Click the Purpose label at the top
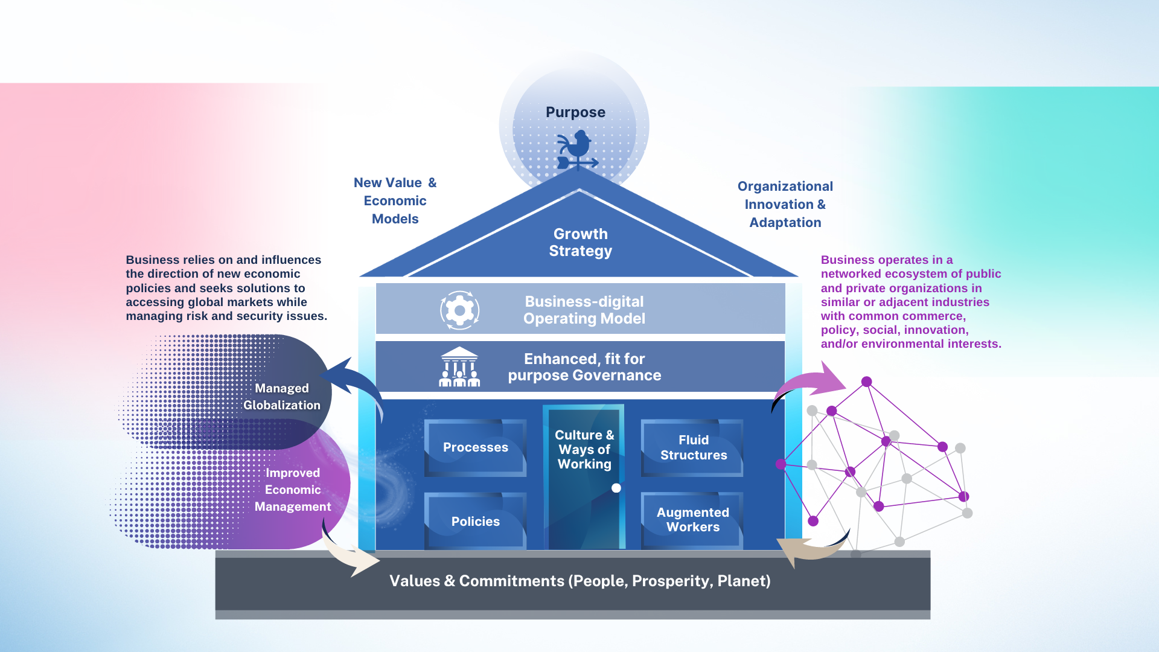coord(575,112)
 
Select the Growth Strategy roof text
coord(580,242)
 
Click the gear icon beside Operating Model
coord(459,310)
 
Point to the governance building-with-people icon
coord(459,366)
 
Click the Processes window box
coord(475,447)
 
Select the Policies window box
coord(475,521)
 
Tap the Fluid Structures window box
coord(693,447)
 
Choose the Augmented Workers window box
coord(692,520)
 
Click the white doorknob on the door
coord(616,488)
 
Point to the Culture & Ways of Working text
coord(584,449)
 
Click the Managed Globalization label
coord(281,397)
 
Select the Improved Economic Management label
coord(293,490)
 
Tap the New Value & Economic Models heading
coord(395,200)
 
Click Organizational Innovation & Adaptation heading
coord(785,204)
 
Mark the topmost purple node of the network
coord(866,382)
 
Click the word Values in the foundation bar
coord(415,581)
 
